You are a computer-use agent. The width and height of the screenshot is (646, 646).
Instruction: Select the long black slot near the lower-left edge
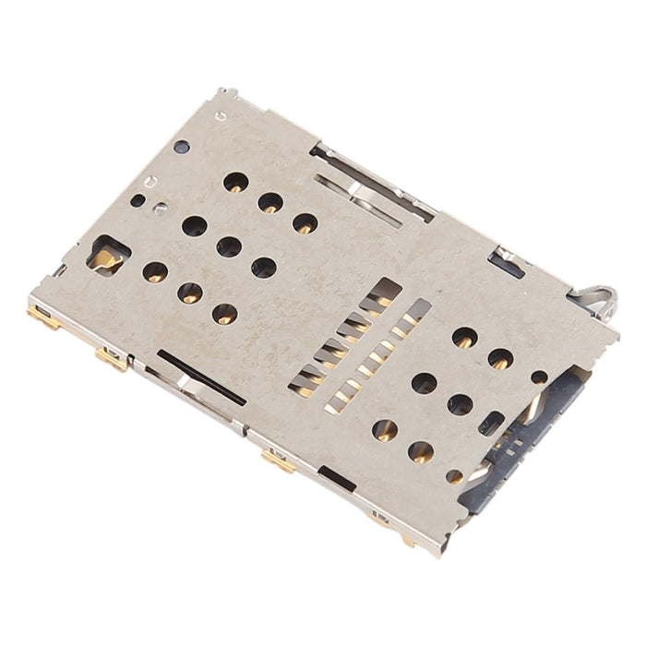coord(201,377)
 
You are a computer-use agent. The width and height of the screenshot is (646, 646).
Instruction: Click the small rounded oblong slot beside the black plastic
coord(492,423)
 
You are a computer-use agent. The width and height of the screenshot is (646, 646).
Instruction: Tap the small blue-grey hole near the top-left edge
coord(182,147)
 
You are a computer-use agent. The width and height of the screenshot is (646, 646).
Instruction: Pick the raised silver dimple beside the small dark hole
coord(161,208)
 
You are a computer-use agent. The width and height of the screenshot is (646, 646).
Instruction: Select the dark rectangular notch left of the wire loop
coord(506,264)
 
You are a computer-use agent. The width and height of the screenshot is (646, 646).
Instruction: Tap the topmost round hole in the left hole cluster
coord(235,182)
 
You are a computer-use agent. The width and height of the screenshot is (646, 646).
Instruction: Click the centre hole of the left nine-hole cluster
coord(229,246)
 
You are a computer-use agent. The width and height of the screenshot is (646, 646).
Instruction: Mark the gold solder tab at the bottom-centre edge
coord(278,461)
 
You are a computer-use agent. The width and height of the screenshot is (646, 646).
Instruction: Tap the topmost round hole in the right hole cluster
coord(464,338)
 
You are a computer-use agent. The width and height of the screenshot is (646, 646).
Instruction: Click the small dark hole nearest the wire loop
coord(539,377)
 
